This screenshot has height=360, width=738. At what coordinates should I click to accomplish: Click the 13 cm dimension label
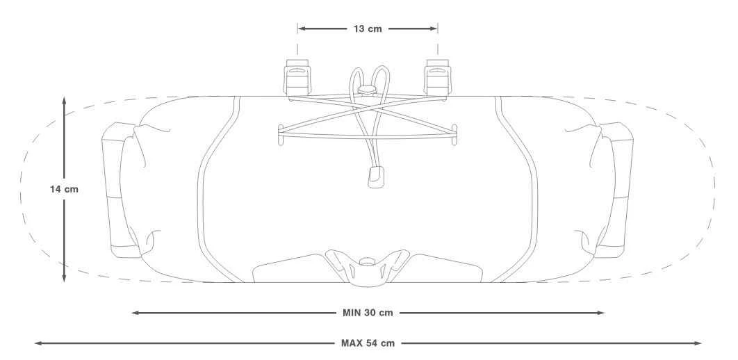[x=368, y=28]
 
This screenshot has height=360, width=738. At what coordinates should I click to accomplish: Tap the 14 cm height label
[x=64, y=190]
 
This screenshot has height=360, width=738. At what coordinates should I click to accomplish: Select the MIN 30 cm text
[x=368, y=313]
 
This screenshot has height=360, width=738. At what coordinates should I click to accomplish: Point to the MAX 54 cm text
[x=368, y=343]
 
